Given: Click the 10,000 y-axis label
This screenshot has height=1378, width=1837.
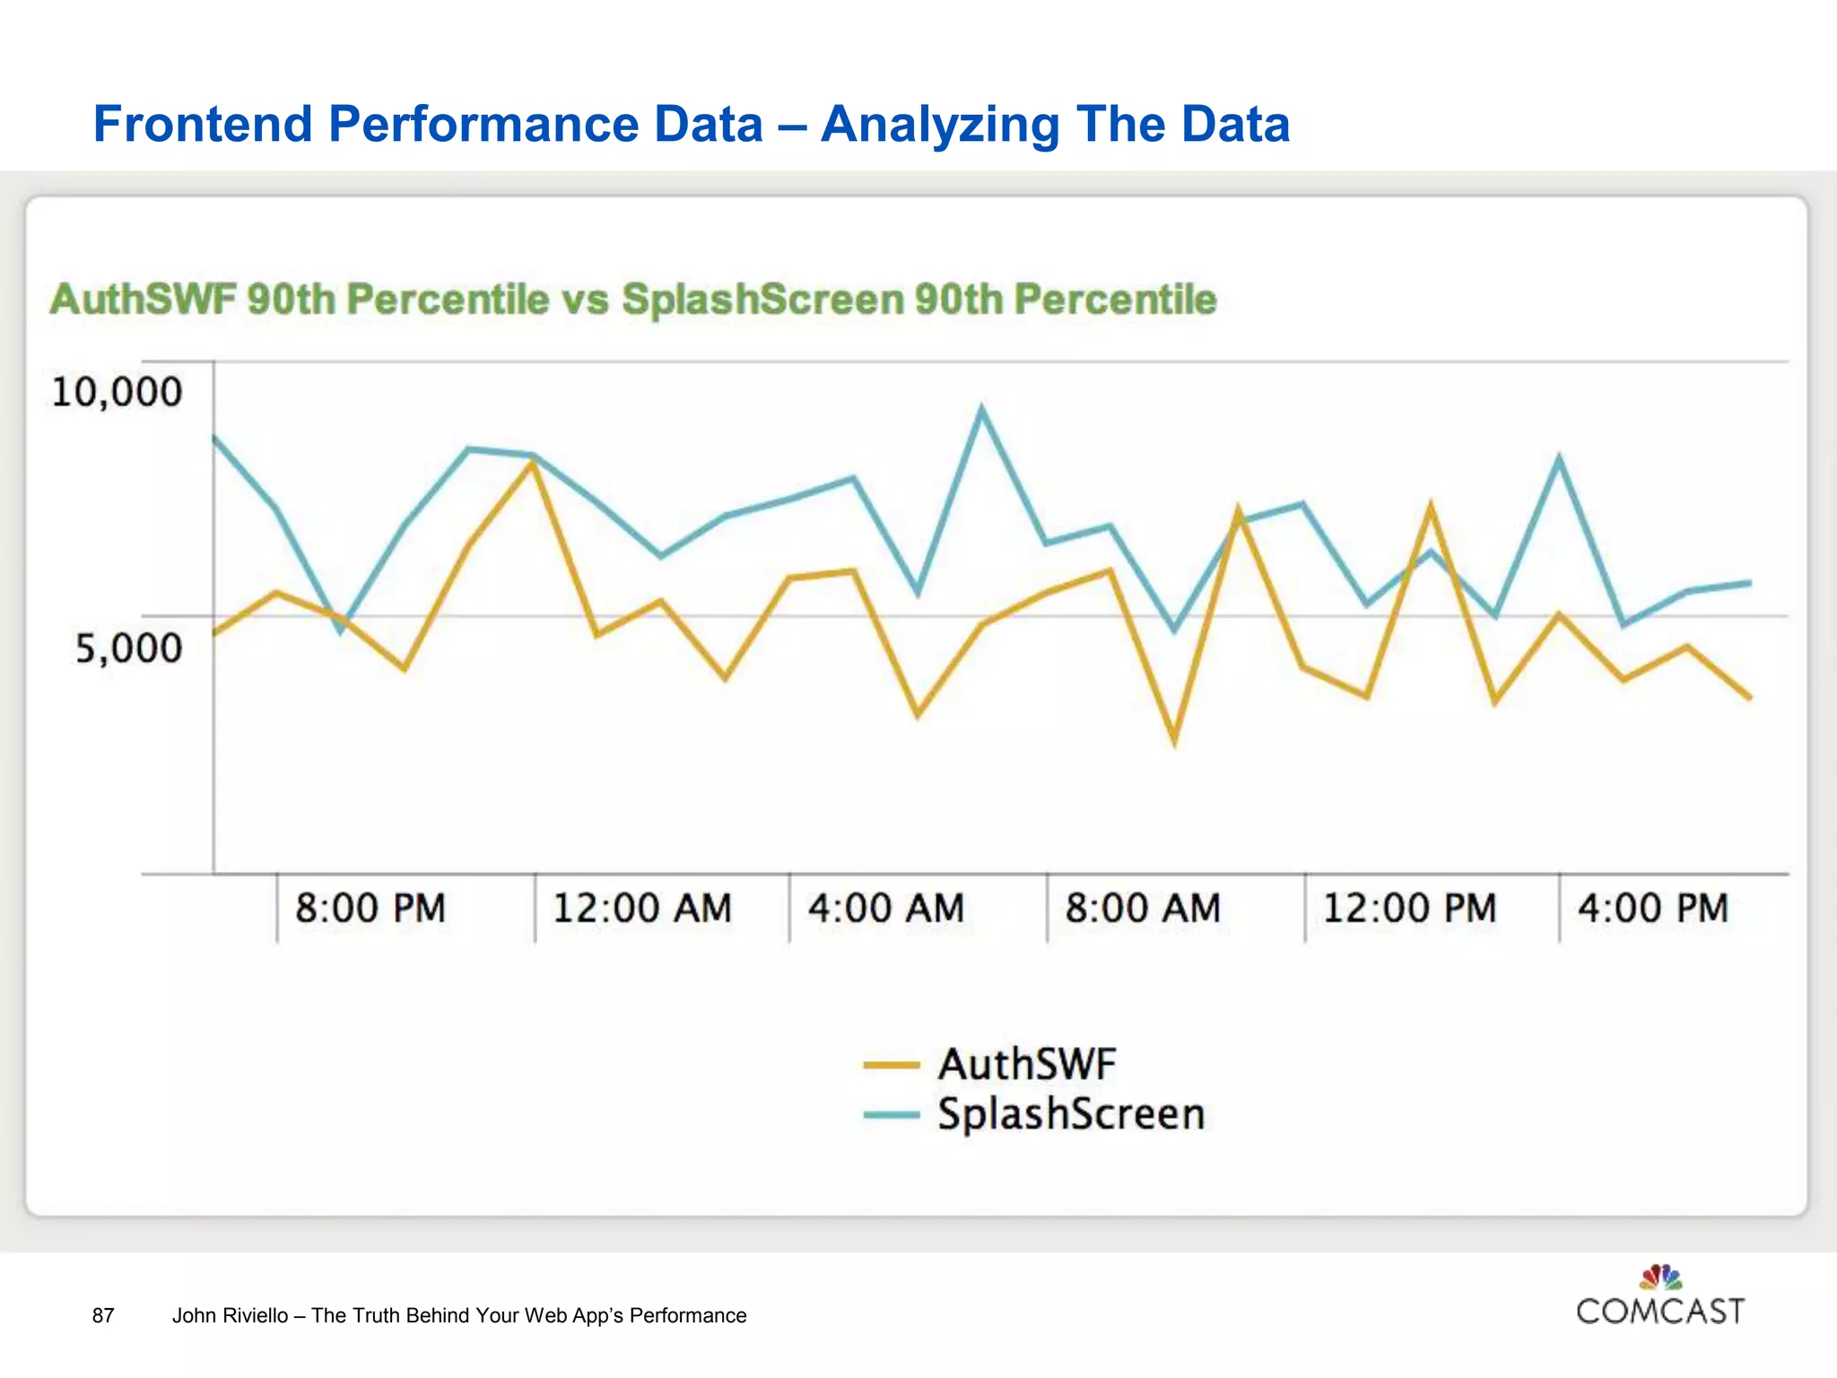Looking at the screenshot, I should (117, 393).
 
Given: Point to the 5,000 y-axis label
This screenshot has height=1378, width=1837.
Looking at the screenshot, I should (128, 648).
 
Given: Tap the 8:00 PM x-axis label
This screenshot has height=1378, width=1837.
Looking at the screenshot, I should (370, 908).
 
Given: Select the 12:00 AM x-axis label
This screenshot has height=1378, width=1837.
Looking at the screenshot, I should (642, 908).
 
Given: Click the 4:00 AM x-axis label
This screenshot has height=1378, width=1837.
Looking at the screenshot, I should (886, 908).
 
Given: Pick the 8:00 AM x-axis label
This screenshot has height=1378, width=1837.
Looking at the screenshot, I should (1143, 908).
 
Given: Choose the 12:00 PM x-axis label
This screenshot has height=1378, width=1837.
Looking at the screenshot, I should (1409, 908).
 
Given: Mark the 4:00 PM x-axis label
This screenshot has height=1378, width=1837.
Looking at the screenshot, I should (1653, 908).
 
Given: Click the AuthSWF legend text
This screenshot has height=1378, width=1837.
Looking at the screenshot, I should (1027, 1065).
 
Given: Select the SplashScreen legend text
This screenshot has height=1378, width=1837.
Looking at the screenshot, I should (1071, 1114).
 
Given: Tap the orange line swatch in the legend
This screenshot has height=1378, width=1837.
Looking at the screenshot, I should (892, 1066).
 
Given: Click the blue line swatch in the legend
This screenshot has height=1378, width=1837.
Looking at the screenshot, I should (892, 1115).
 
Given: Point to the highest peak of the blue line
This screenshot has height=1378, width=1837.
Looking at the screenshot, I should (982, 409).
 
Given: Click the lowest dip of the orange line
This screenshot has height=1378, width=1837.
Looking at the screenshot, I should (1174, 741).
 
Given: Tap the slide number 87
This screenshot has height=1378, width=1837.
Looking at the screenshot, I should (103, 1315).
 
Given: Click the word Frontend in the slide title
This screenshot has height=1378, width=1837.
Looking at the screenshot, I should (203, 124).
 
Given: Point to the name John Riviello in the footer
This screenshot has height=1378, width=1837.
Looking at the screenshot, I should (230, 1315).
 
